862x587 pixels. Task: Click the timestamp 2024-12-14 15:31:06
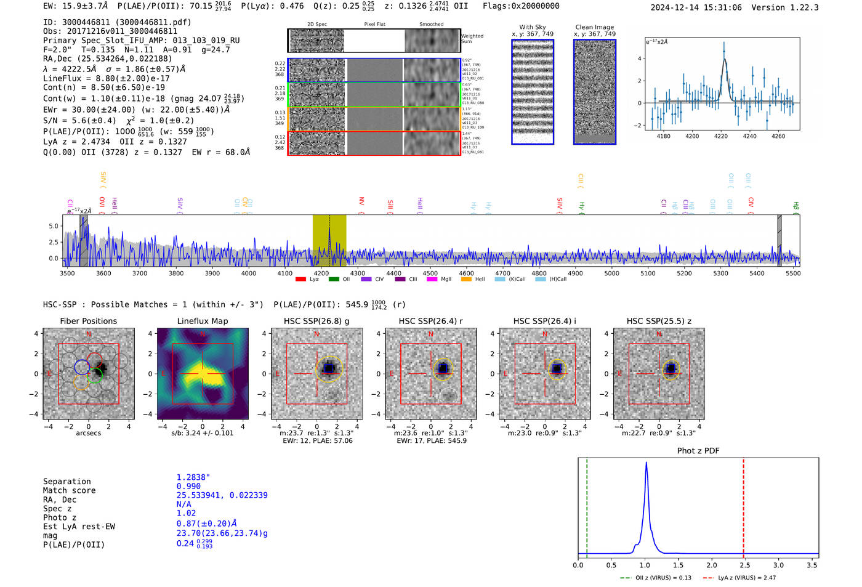[x=696, y=7]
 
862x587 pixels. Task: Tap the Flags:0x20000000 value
[x=521, y=6]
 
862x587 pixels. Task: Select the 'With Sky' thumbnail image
[x=533, y=92]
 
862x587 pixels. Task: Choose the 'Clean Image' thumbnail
[x=594, y=92]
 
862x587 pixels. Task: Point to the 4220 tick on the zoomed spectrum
[x=721, y=136]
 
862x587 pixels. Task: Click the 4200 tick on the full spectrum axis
[x=321, y=273]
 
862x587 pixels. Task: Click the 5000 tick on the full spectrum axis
[x=611, y=273]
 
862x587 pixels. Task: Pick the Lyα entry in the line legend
[x=308, y=279]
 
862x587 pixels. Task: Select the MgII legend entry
[x=440, y=279]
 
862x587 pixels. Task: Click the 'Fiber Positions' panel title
[x=88, y=321]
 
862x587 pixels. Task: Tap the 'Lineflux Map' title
[x=203, y=321]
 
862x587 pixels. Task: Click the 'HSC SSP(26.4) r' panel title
[x=430, y=321]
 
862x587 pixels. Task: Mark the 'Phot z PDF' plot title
[x=698, y=450]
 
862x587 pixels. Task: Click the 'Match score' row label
[x=69, y=490]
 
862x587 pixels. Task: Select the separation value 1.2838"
[x=193, y=477]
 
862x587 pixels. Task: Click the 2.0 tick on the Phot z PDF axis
[x=712, y=565]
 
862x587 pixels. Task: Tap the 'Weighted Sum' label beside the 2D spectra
[x=472, y=39]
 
